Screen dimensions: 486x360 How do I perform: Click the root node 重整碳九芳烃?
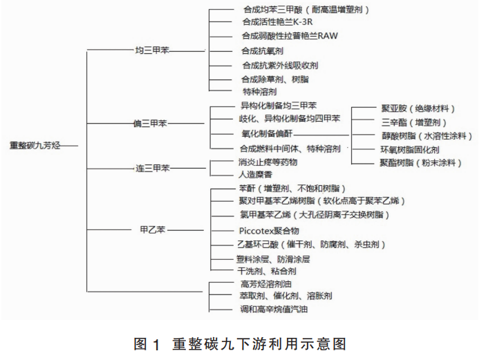[x=35, y=145]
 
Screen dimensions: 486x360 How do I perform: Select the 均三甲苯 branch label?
[x=152, y=50]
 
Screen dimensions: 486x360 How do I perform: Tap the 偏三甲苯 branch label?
[x=150, y=124]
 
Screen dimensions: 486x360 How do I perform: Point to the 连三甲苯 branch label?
[x=153, y=168]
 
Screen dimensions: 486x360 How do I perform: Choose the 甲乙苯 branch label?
[x=153, y=230]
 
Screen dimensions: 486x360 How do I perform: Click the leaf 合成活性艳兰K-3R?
[x=277, y=22]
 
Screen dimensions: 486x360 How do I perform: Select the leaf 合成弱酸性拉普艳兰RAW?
[x=290, y=36]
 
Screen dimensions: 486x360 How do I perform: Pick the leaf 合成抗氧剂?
[x=262, y=50]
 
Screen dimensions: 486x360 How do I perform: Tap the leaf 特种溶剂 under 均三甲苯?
[x=260, y=92]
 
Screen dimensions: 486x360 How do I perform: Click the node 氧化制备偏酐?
[x=267, y=133]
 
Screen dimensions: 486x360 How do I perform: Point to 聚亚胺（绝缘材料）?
[x=418, y=108]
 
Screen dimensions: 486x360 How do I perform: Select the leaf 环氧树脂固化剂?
[x=410, y=150]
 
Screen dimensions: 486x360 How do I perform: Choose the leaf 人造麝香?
[x=255, y=174]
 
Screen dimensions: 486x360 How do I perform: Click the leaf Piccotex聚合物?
[x=269, y=231]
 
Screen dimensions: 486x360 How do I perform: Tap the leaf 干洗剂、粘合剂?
[x=267, y=272]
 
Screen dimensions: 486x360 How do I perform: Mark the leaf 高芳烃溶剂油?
[x=266, y=284]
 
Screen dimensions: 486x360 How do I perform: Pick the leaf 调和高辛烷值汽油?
[x=274, y=309]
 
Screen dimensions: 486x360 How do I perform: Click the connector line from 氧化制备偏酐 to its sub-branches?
[x=321, y=135]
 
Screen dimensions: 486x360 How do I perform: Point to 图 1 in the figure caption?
[x=147, y=344]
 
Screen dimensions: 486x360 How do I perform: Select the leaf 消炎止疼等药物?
[x=268, y=162]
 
